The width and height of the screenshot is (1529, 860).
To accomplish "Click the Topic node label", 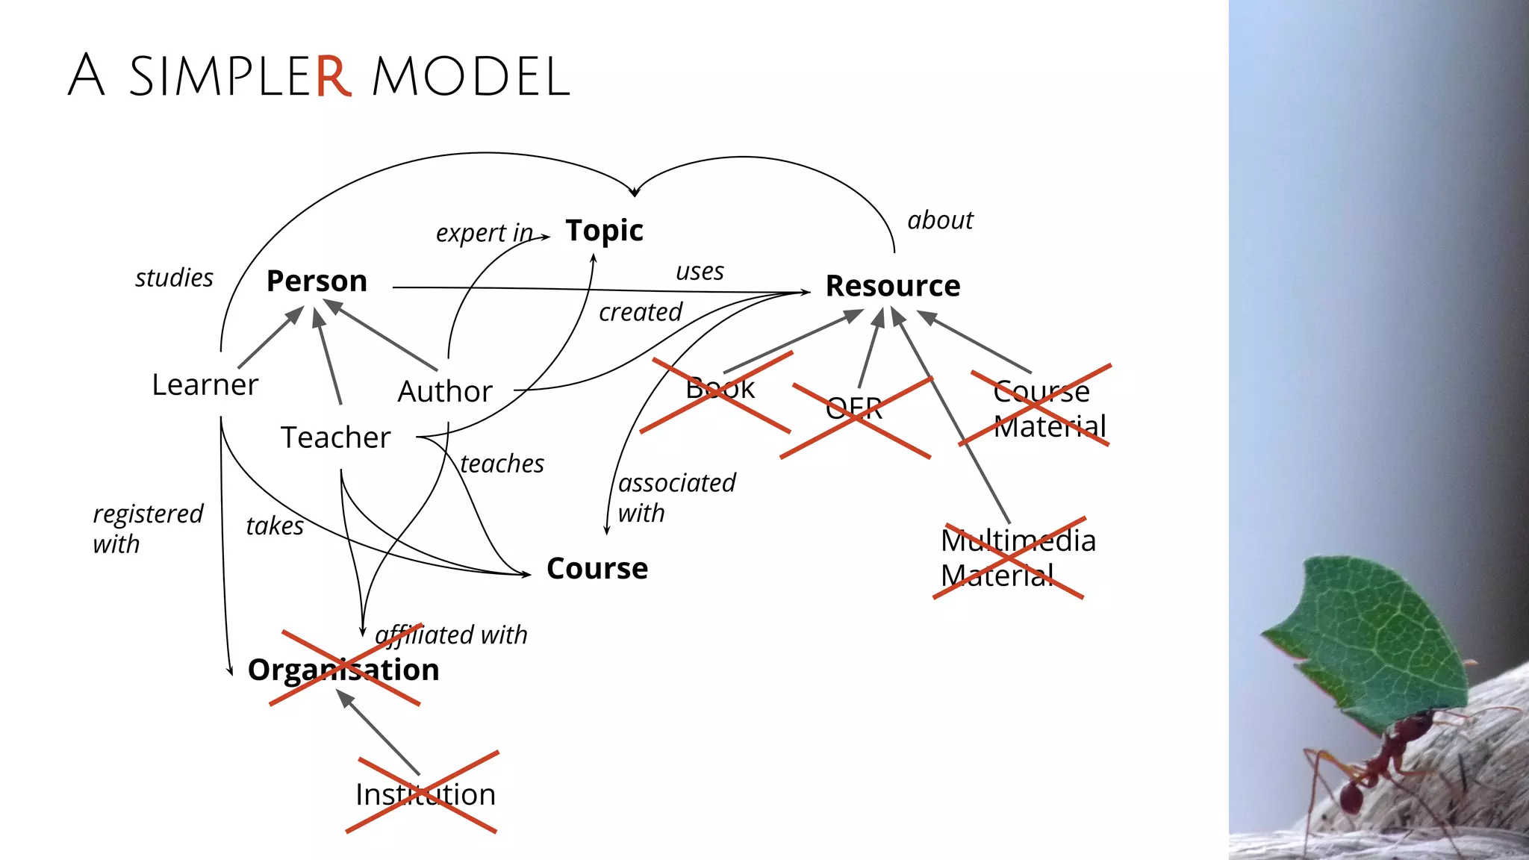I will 604,231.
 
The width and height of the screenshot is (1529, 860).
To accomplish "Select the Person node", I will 317,281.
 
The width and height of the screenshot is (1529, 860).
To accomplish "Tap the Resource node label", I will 892,286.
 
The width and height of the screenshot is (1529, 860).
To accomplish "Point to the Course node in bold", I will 597,569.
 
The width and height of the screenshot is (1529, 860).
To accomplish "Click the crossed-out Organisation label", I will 343,670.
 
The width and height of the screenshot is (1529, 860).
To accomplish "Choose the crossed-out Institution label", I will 425,794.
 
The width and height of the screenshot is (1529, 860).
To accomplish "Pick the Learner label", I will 205,385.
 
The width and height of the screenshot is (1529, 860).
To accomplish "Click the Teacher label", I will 335,437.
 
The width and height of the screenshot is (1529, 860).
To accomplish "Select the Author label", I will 445,392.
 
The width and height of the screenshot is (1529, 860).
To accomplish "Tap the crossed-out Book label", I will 720,389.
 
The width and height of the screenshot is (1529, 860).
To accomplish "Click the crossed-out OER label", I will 854,409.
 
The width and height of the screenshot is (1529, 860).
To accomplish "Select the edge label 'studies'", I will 174,278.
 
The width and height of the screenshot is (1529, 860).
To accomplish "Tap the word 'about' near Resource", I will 940,221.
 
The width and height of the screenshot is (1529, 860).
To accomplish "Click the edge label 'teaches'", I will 502,464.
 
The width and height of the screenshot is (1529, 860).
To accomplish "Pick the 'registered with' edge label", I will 146,529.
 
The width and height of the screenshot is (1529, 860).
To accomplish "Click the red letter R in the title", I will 332,76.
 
